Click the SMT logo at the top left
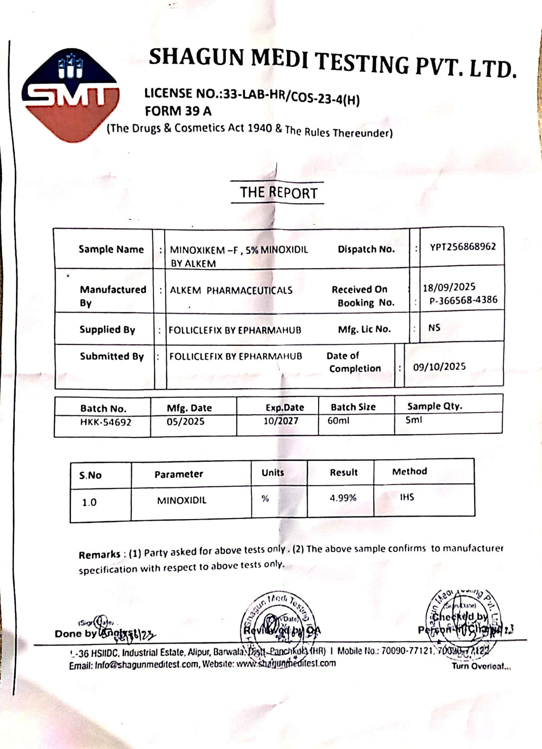(70, 95)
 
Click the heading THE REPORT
(278, 192)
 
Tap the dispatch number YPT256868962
(463, 246)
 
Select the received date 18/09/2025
(449, 287)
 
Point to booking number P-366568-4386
(463, 300)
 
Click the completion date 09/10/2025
(439, 367)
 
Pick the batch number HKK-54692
(106, 422)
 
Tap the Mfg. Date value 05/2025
(185, 422)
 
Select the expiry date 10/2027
(281, 421)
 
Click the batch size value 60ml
(339, 421)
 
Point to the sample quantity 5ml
(414, 420)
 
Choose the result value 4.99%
(343, 498)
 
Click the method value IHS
(407, 497)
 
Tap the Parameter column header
(178, 474)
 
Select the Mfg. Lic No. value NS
(434, 328)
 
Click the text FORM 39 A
(178, 111)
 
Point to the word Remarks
(100, 555)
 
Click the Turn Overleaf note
(481, 666)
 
